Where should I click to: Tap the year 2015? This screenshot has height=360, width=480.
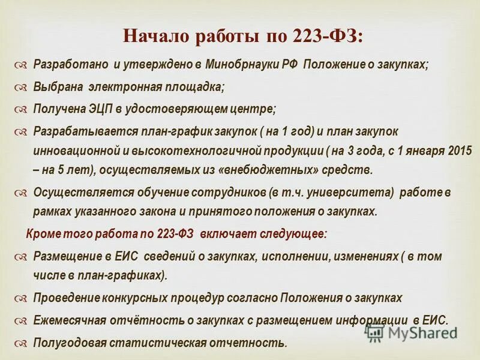pos(459,149)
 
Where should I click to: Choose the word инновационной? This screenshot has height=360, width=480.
pos(72,149)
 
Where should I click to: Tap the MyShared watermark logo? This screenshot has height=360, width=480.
pos(410,332)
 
